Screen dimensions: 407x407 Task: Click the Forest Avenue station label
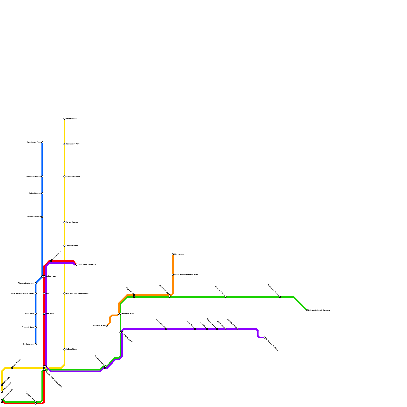[71, 119]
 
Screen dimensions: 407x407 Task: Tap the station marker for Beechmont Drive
[64, 144]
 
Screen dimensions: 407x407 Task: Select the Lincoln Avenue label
[72, 246]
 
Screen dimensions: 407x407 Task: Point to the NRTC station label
[48, 294]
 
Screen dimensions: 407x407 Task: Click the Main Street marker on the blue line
[36, 314]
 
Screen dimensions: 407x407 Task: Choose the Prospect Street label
[28, 327]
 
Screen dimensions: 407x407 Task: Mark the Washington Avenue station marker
[36, 283]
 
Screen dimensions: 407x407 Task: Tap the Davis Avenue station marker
[36, 344]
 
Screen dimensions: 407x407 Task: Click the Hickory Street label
[71, 350]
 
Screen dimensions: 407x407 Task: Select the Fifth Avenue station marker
[173, 254]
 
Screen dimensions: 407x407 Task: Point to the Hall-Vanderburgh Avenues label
[319, 310]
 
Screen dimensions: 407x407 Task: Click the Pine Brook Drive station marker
[225, 297]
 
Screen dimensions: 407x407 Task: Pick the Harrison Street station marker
[107, 326]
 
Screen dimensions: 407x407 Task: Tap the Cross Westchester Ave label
[87, 265]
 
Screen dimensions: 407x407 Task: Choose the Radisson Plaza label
[128, 314]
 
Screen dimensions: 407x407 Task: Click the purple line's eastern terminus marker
[265, 338]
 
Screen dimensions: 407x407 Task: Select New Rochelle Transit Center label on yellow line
[77, 294]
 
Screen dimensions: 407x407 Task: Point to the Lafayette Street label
[127, 338]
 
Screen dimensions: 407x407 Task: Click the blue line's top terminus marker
[42, 142]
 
